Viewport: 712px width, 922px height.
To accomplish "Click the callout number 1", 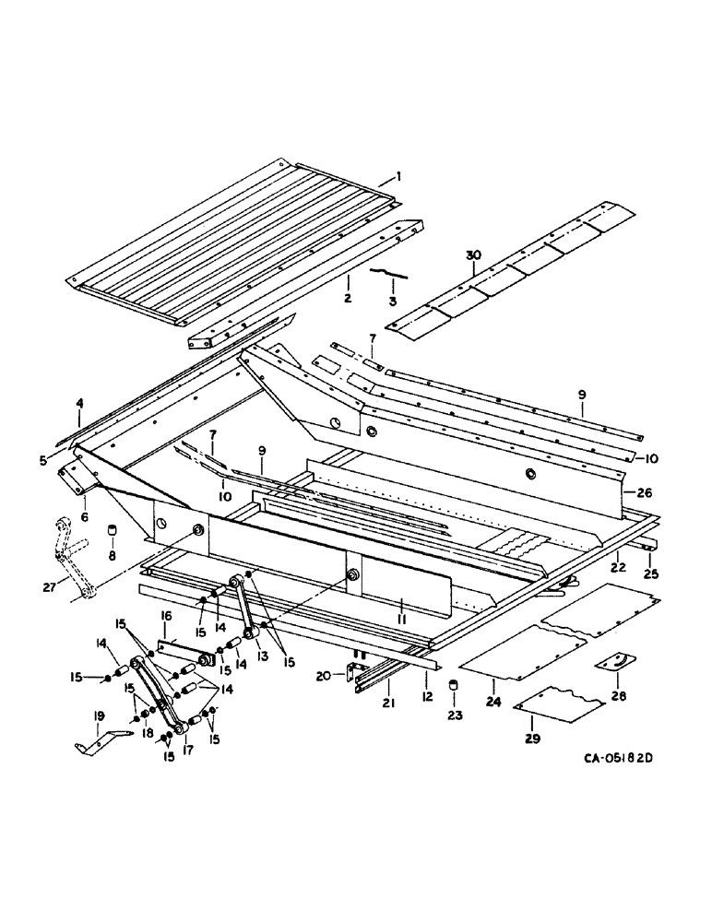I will pyautogui.click(x=398, y=175).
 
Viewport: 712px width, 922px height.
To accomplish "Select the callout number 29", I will pyautogui.click(x=532, y=737).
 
